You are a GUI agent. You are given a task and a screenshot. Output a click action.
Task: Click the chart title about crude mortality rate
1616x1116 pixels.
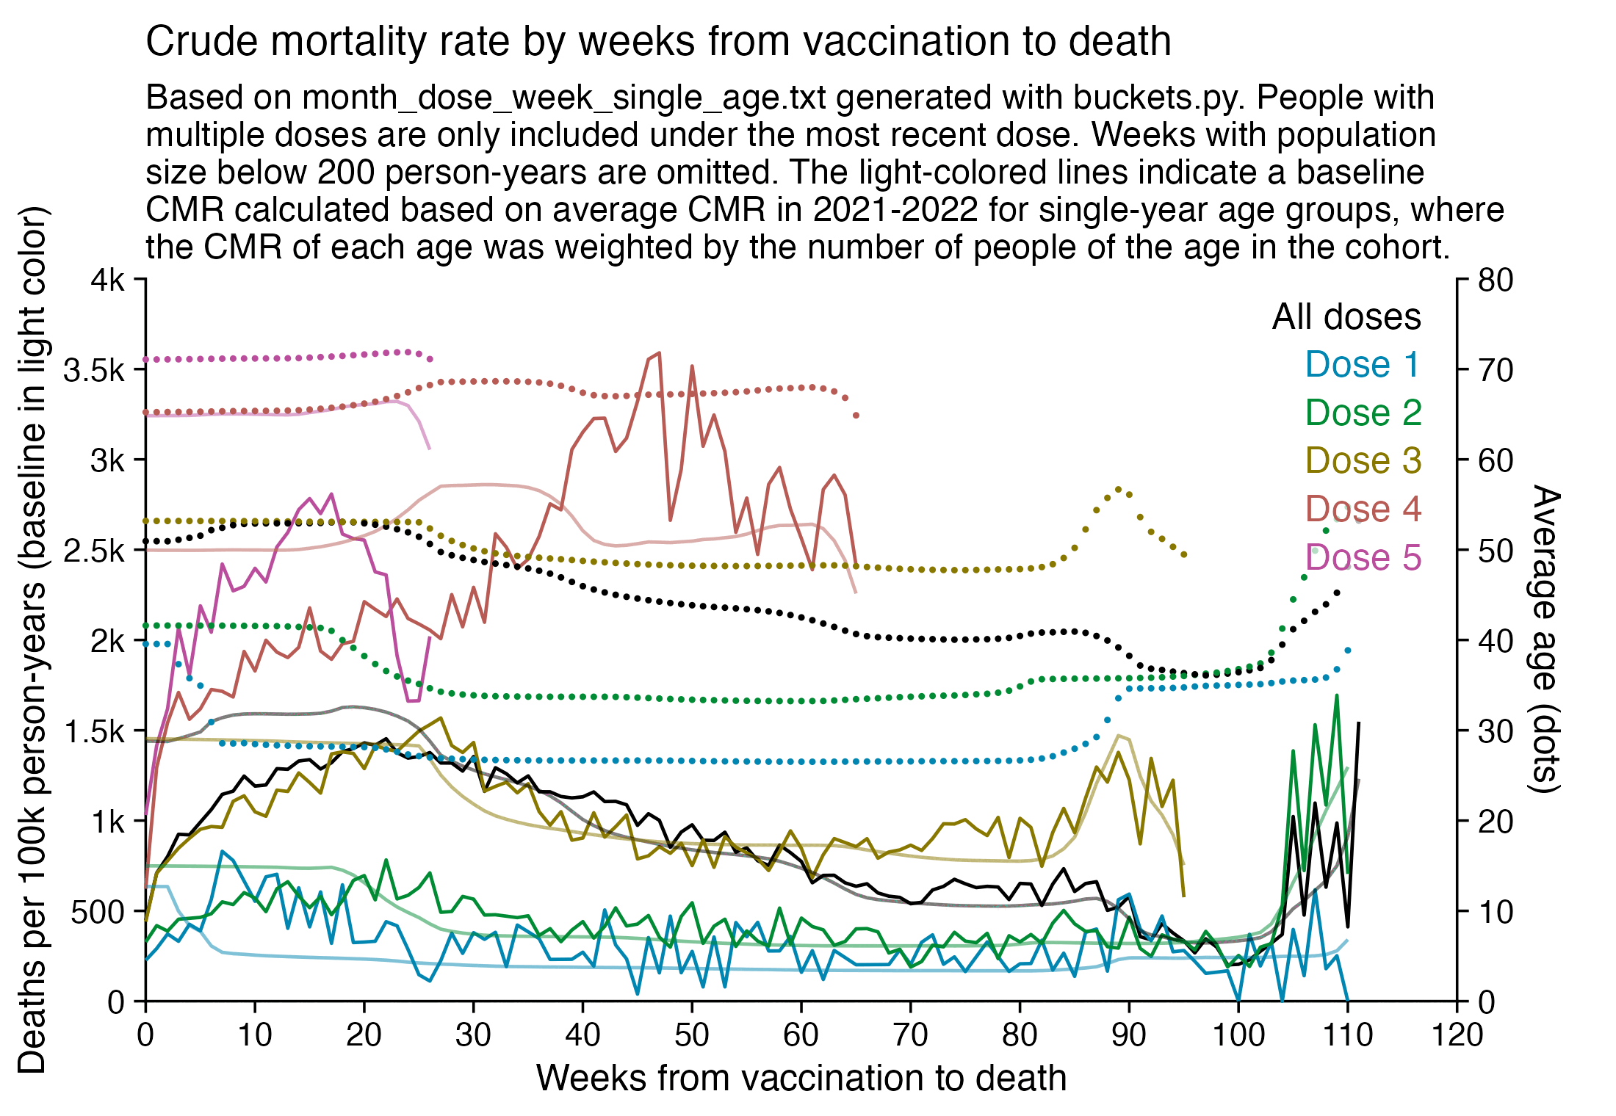pyautogui.click(x=658, y=41)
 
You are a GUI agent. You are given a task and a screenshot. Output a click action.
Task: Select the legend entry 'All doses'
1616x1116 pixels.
pyautogui.click(x=1346, y=317)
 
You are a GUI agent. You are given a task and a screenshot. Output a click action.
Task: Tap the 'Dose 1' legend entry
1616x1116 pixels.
pyautogui.click(x=1363, y=365)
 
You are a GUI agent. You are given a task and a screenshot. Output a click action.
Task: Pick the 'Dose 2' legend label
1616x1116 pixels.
pyautogui.click(x=1363, y=413)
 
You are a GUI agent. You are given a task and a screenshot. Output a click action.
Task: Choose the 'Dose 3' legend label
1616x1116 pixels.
pyautogui.click(x=1363, y=461)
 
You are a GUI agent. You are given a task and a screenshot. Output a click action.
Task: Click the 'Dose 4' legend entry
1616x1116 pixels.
pyautogui.click(x=1363, y=509)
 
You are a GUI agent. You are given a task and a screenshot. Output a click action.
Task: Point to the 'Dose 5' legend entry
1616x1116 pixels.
pyautogui.click(x=1363, y=557)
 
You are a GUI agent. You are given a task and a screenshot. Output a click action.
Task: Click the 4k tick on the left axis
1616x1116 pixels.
pyautogui.click(x=108, y=280)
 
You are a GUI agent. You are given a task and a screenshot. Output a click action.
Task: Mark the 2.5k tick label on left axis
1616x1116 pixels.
pyautogui.click(x=94, y=551)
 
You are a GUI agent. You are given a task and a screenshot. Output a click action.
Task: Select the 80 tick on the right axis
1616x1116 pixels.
pyautogui.click(x=1496, y=280)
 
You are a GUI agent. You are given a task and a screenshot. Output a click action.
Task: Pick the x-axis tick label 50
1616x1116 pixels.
pyautogui.click(x=692, y=1035)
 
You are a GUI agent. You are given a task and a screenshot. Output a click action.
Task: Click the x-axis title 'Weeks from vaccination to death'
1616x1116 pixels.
pyautogui.click(x=801, y=1078)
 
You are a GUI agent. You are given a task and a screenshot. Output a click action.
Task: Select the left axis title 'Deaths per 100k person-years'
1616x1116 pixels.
pyautogui.click(x=32, y=639)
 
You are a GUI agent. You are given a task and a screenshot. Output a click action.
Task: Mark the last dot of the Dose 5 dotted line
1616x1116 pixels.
pyautogui.click(x=430, y=359)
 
